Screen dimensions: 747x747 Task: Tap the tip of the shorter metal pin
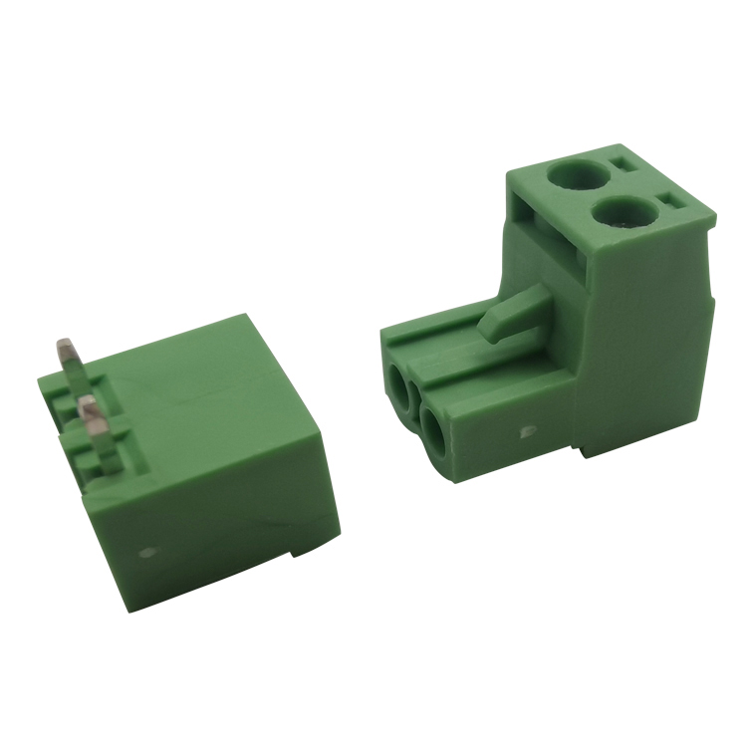click(x=88, y=403)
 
